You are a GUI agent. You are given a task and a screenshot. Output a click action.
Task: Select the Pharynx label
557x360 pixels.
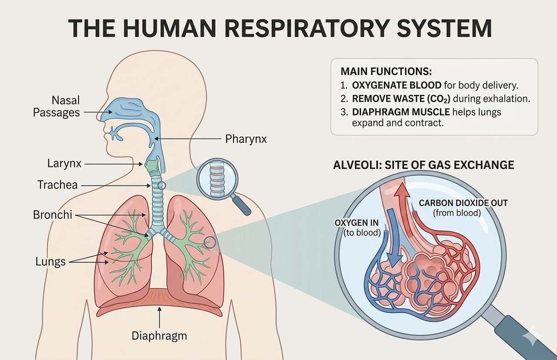tap(246, 139)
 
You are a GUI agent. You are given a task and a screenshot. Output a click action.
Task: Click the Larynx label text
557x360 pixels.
tap(64, 164)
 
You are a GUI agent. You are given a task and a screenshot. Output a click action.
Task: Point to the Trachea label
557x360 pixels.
tap(57, 185)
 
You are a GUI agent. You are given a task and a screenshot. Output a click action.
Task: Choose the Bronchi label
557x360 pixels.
tap(52, 215)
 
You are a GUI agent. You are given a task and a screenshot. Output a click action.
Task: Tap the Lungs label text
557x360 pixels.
tap(50, 261)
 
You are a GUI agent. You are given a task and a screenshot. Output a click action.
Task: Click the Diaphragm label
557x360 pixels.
tap(159, 336)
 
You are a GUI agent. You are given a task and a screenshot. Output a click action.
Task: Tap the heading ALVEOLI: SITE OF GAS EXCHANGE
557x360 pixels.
tap(423, 165)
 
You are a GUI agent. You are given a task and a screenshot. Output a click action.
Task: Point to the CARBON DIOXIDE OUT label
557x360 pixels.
tap(463, 203)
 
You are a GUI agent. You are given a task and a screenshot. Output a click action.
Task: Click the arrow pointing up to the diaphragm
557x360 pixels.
tap(160, 317)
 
